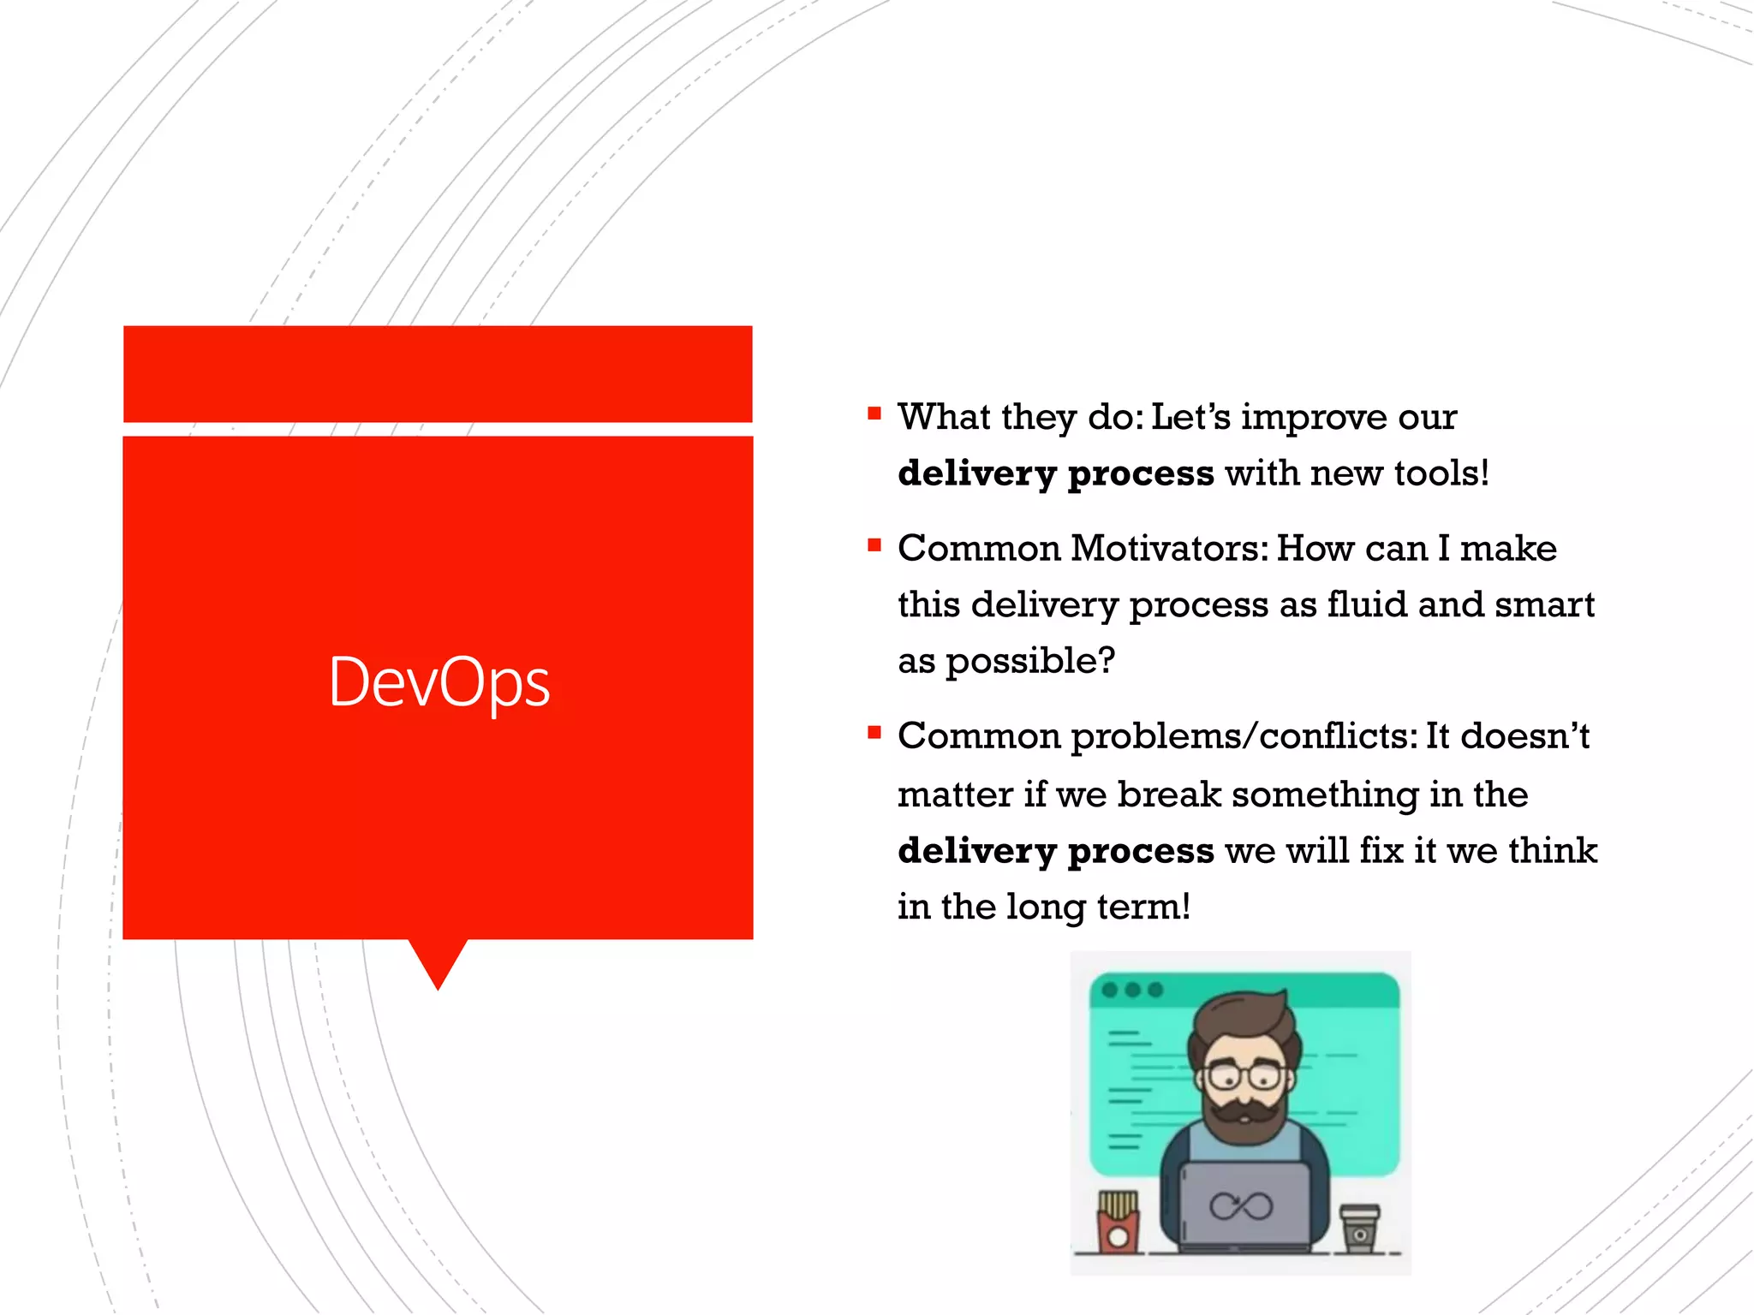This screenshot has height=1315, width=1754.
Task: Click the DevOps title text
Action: [438, 682]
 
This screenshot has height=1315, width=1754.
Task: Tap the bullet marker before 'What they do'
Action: [874, 414]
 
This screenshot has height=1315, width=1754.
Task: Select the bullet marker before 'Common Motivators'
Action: [874, 545]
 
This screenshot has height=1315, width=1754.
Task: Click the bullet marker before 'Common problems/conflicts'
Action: [874, 733]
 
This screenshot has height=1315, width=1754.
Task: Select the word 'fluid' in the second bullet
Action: [1367, 604]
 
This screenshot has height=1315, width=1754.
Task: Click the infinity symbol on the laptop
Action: [1241, 1207]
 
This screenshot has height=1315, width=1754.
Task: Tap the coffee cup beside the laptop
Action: [1359, 1228]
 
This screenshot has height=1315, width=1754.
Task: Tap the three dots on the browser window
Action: [1132, 990]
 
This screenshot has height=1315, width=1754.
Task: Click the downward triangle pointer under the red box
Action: [438, 961]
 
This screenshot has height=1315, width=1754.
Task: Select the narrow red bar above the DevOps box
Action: [438, 373]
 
